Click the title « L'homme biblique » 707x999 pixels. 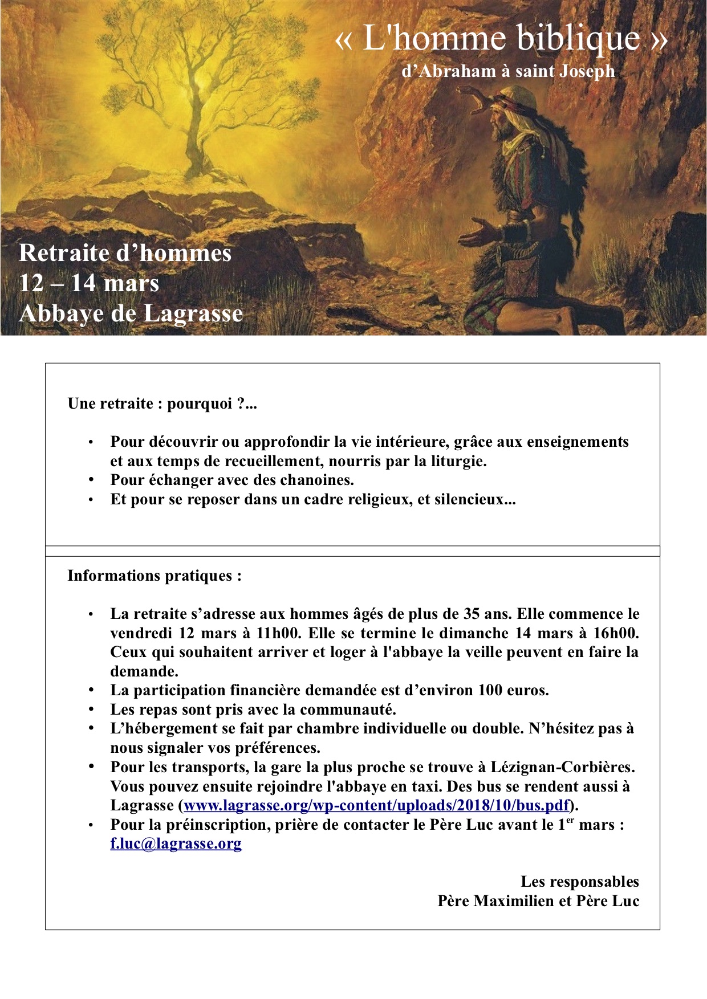(501, 39)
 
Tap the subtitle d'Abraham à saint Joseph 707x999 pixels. (508, 71)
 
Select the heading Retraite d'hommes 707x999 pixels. (125, 253)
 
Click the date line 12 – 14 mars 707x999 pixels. (89, 283)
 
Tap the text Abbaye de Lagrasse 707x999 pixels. (131, 313)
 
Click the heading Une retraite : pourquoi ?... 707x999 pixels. (162, 404)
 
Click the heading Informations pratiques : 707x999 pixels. (155, 576)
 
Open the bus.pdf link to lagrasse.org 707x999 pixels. (377, 805)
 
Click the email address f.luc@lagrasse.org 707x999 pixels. (176, 843)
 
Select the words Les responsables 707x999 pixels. (579, 882)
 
